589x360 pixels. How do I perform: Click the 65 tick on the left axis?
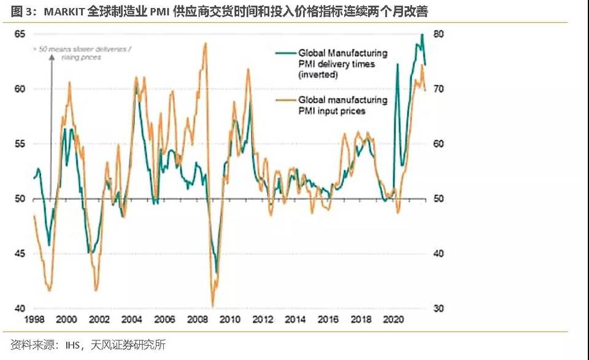[x=21, y=34]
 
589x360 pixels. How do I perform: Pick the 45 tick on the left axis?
[x=21, y=254]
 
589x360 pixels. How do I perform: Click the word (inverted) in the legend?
[x=318, y=75]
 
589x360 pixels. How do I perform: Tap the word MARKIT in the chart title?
[x=56, y=12]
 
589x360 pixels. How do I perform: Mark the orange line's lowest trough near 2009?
[x=212, y=305]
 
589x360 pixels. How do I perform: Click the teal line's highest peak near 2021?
[x=422, y=35]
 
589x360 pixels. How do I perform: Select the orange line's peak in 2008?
[x=205, y=43]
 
